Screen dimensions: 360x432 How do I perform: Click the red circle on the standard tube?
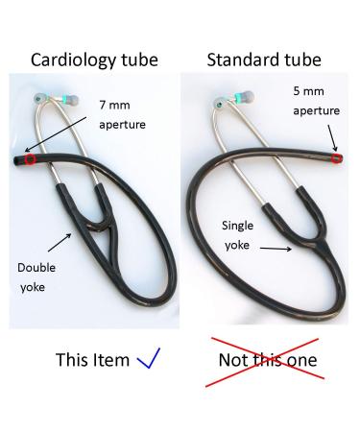coord(335,158)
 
